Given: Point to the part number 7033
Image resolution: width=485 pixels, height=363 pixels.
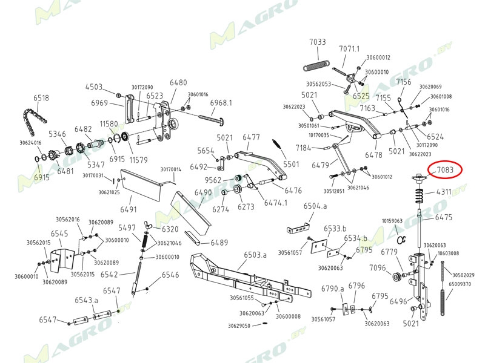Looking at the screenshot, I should pos(318,42).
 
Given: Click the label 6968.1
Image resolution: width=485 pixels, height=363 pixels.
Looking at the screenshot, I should pos(221,103).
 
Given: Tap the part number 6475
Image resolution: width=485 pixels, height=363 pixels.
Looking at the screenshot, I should pos(444,217).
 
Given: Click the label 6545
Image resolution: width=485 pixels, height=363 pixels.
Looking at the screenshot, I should pos(59,234).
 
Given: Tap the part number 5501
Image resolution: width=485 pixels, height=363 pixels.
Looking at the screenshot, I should pos(292,164).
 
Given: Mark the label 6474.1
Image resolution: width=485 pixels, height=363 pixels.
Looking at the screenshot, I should pos(275,202).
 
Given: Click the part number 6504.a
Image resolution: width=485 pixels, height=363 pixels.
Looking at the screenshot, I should pos(315,206).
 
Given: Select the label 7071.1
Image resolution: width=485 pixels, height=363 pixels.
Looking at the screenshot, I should pos(349,48).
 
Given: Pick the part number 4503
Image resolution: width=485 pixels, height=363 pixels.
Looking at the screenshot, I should pos(94,87).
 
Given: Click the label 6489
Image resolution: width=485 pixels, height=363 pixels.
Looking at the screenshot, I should pos(219,243).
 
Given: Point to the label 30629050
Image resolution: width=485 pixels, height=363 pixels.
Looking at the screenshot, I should pos(239,325).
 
